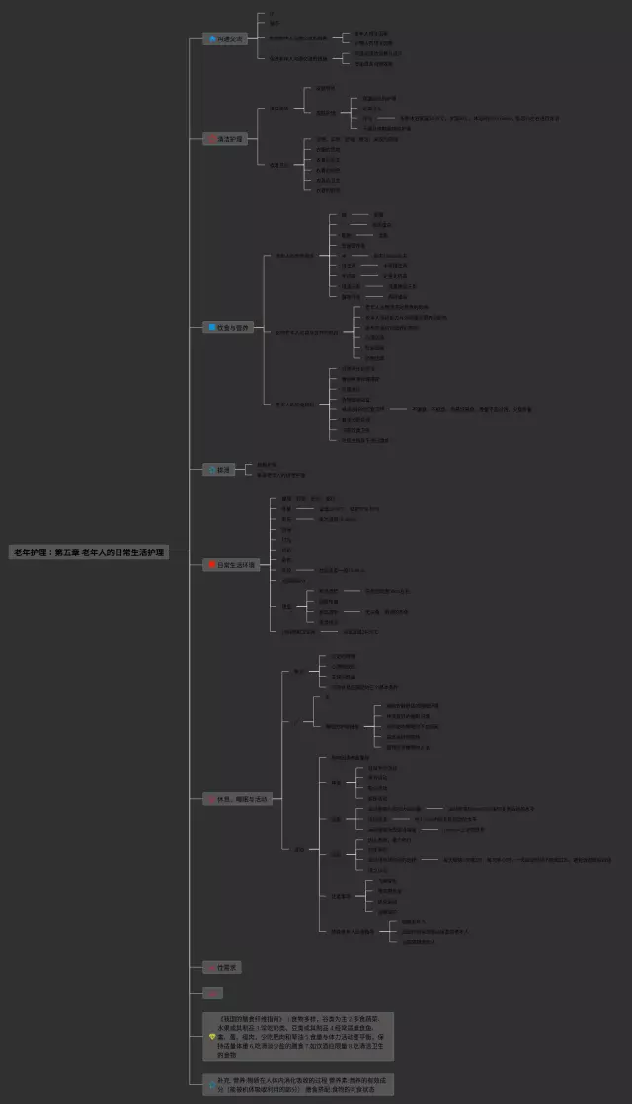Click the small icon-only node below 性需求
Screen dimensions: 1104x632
pos(212,993)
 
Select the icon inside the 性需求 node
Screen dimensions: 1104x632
pos(210,967)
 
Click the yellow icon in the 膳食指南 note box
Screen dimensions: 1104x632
pos(211,1037)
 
